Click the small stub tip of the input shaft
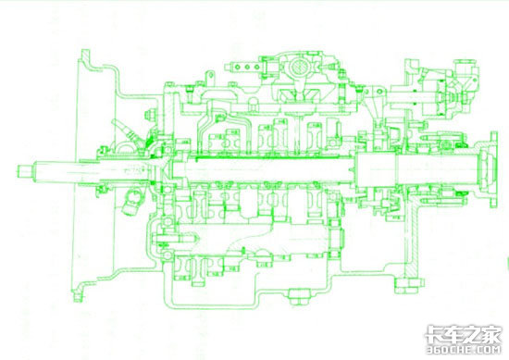[x=24, y=171]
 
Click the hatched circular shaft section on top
[x=298, y=68]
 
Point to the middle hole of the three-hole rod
[x=247, y=68]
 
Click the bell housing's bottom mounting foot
[x=79, y=292]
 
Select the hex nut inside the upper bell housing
[x=151, y=115]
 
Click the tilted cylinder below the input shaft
[x=132, y=202]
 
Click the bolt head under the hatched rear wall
[x=410, y=285]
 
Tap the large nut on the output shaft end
[x=483, y=169]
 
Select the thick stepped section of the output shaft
[x=377, y=170]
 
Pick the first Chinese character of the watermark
[x=436, y=334]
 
